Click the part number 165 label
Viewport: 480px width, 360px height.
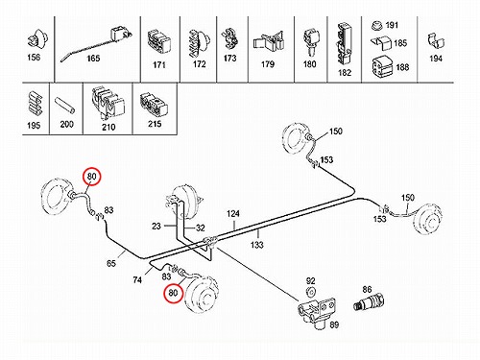point(93,59)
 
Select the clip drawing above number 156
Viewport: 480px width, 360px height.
point(37,40)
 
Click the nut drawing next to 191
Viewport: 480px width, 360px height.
point(378,26)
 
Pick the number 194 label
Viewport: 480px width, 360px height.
point(436,59)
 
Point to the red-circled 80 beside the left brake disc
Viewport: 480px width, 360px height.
point(91,177)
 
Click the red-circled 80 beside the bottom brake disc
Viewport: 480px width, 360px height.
point(173,293)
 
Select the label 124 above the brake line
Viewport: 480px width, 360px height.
point(233,214)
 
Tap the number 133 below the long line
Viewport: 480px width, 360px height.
point(257,245)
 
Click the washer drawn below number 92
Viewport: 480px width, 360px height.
point(310,292)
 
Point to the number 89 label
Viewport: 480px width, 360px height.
point(334,324)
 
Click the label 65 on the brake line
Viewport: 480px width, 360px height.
point(111,264)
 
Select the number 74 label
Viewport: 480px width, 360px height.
point(137,280)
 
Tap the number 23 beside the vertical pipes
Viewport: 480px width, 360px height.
point(156,227)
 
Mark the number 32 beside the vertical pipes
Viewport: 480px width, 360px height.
point(201,228)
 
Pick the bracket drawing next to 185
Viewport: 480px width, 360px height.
point(381,43)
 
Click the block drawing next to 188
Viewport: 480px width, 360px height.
point(382,67)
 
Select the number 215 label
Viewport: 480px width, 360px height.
point(155,124)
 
